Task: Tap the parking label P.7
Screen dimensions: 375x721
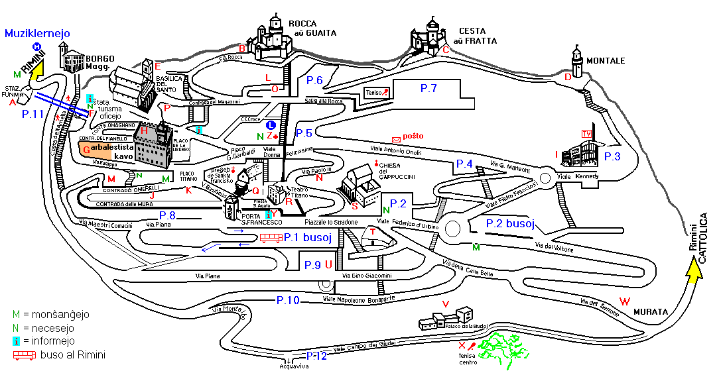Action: [428, 87]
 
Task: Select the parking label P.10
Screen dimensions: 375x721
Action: [288, 301]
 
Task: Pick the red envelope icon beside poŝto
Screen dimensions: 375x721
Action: [397, 139]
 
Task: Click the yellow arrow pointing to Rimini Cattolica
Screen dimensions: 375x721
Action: [694, 272]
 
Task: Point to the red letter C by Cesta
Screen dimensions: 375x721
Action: [446, 49]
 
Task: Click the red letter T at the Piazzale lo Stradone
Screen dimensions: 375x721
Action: [373, 231]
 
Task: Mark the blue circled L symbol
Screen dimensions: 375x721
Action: [270, 125]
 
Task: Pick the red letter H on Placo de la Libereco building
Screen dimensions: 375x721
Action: [144, 131]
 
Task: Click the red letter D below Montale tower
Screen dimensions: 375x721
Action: [568, 78]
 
